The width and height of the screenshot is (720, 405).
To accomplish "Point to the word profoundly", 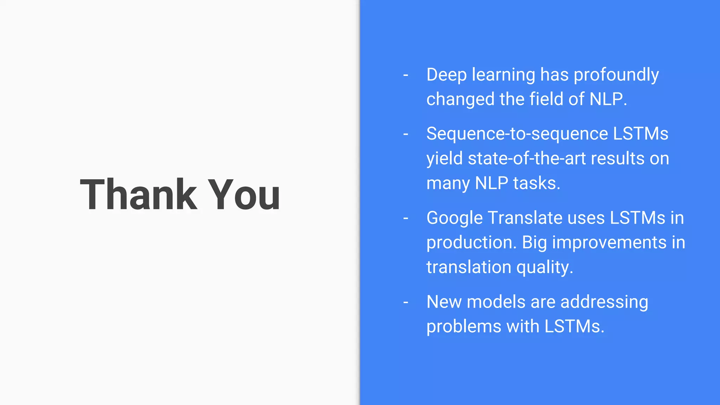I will point(616,75).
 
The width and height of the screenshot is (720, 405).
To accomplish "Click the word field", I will point(546,99).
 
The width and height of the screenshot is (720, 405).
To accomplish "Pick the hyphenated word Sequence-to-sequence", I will point(517,134).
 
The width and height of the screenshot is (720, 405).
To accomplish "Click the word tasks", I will point(536,183).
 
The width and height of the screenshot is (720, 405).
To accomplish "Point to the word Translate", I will point(525,218).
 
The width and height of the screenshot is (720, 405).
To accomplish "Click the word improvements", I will point(609,243).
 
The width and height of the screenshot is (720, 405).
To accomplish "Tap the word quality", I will point(545,267).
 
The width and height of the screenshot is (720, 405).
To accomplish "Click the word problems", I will point(464,326).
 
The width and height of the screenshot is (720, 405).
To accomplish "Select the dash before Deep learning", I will point(406,75).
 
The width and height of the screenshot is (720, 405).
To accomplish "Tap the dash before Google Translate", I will point(406,218).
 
